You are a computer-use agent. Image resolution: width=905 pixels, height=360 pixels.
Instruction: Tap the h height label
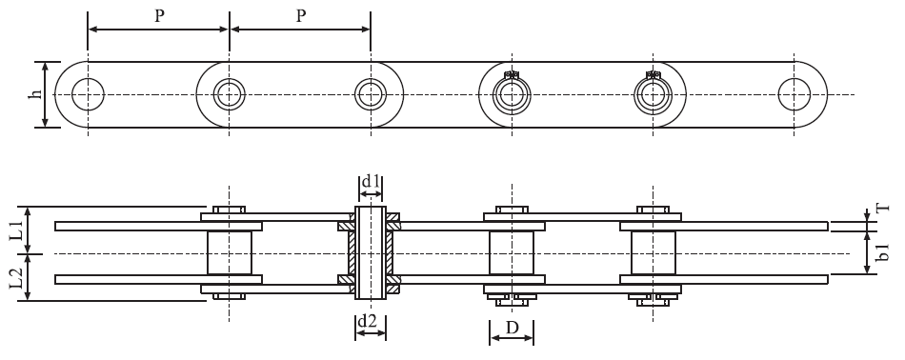pyautogui.click(x=35, y=94)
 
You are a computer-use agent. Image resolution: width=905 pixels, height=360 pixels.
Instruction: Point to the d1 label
pyautogui.click(x=371, y=181)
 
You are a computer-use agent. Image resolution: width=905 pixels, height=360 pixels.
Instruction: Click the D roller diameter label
pyautogui.click(x=512, y=329)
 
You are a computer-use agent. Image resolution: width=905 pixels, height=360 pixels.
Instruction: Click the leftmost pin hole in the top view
pyautogui.click(x=88, y=93)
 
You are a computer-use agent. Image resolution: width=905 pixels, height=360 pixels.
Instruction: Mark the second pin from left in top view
pyautogui.click(x=229, y=93)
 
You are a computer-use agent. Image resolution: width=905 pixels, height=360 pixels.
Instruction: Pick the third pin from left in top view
pyautogui.click(x=371, y=93)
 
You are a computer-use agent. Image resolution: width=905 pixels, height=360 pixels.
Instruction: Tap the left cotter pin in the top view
pyautogui.click(x=512, y=75)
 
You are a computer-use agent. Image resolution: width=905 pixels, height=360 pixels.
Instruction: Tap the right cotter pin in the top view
pyautogui.click(x=653, y=75)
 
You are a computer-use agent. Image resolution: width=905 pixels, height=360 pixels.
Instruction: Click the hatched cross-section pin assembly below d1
pyautogui.click(x=371, y=252)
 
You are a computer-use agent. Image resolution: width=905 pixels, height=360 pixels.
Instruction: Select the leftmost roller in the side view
pyautogui.click(x=229, y=252)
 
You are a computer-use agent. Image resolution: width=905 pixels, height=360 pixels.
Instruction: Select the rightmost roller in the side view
pyautogui.click(x=653, y=252)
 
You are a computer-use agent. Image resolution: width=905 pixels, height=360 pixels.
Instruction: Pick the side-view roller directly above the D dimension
pyautogui.click(x=512, y=252)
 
